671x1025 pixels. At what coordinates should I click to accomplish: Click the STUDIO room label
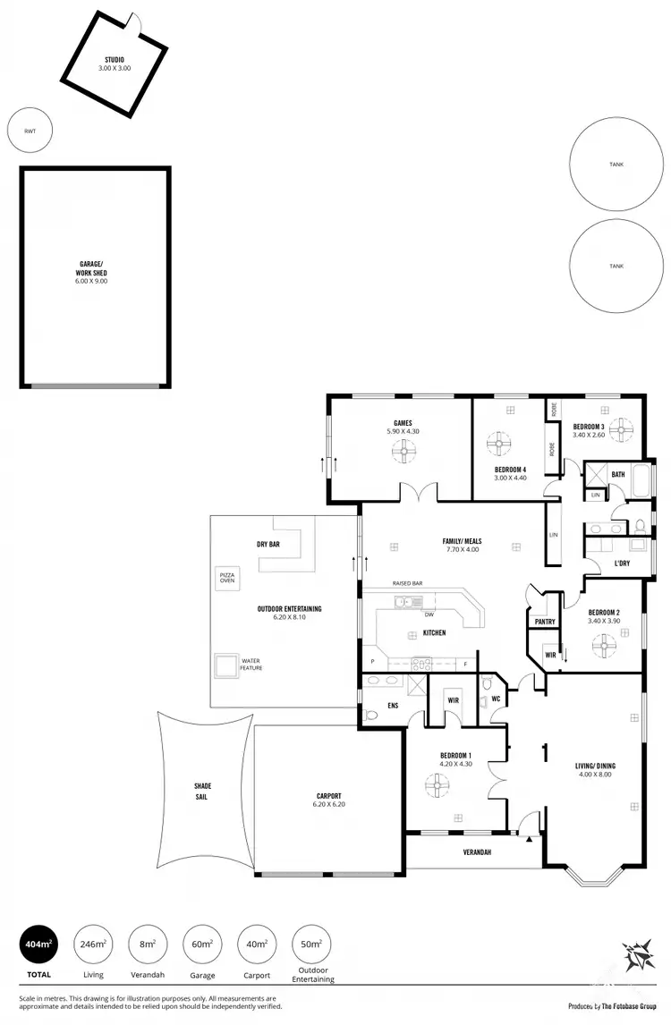pyautogui.click(x=115, y=60)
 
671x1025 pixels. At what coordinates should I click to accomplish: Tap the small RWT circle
pyautogui.click(x=30, y=131)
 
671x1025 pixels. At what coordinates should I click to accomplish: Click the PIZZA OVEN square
pyautogui.click(x=226, y=578)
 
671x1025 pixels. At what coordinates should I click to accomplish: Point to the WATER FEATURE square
pyautogui.click(x=225, y=665)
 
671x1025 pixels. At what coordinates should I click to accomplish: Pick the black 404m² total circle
pyautogui.click(x=38, y=944)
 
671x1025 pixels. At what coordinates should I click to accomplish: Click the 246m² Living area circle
pyautogui.click(x=93, y=944)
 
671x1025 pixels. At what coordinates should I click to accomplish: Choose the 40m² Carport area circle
pyautogui.click(x=256, y=944)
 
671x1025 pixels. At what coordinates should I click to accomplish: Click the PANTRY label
pyautogui.click(x=544, y=622)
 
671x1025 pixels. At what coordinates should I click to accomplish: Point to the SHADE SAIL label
pyautogui.click(x=203, y=791)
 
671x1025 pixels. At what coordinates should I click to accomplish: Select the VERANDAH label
pyautogui.click(x=477, y=852)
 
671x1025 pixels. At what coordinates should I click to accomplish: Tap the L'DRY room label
pyautogui.click(x=622, y=563)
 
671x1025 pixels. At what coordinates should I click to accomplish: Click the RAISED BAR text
pyautogui.click(x=407, y=584)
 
